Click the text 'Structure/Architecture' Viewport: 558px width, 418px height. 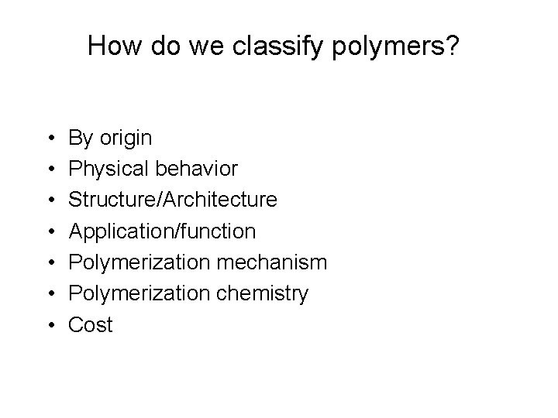pyautogui.click(x=172, y=200)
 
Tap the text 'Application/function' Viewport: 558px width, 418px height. pyautogui.click(x=162, y=231)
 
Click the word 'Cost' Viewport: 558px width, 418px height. pyautogui.click(x=91, y=324)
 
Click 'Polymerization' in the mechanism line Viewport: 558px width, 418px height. pyautogui.click(x=138, y=262)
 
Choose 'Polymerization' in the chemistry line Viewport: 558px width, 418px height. pyautogui.click(x=138, y=294)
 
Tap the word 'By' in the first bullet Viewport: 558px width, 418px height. pyautogui.click(x=81, y=139)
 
